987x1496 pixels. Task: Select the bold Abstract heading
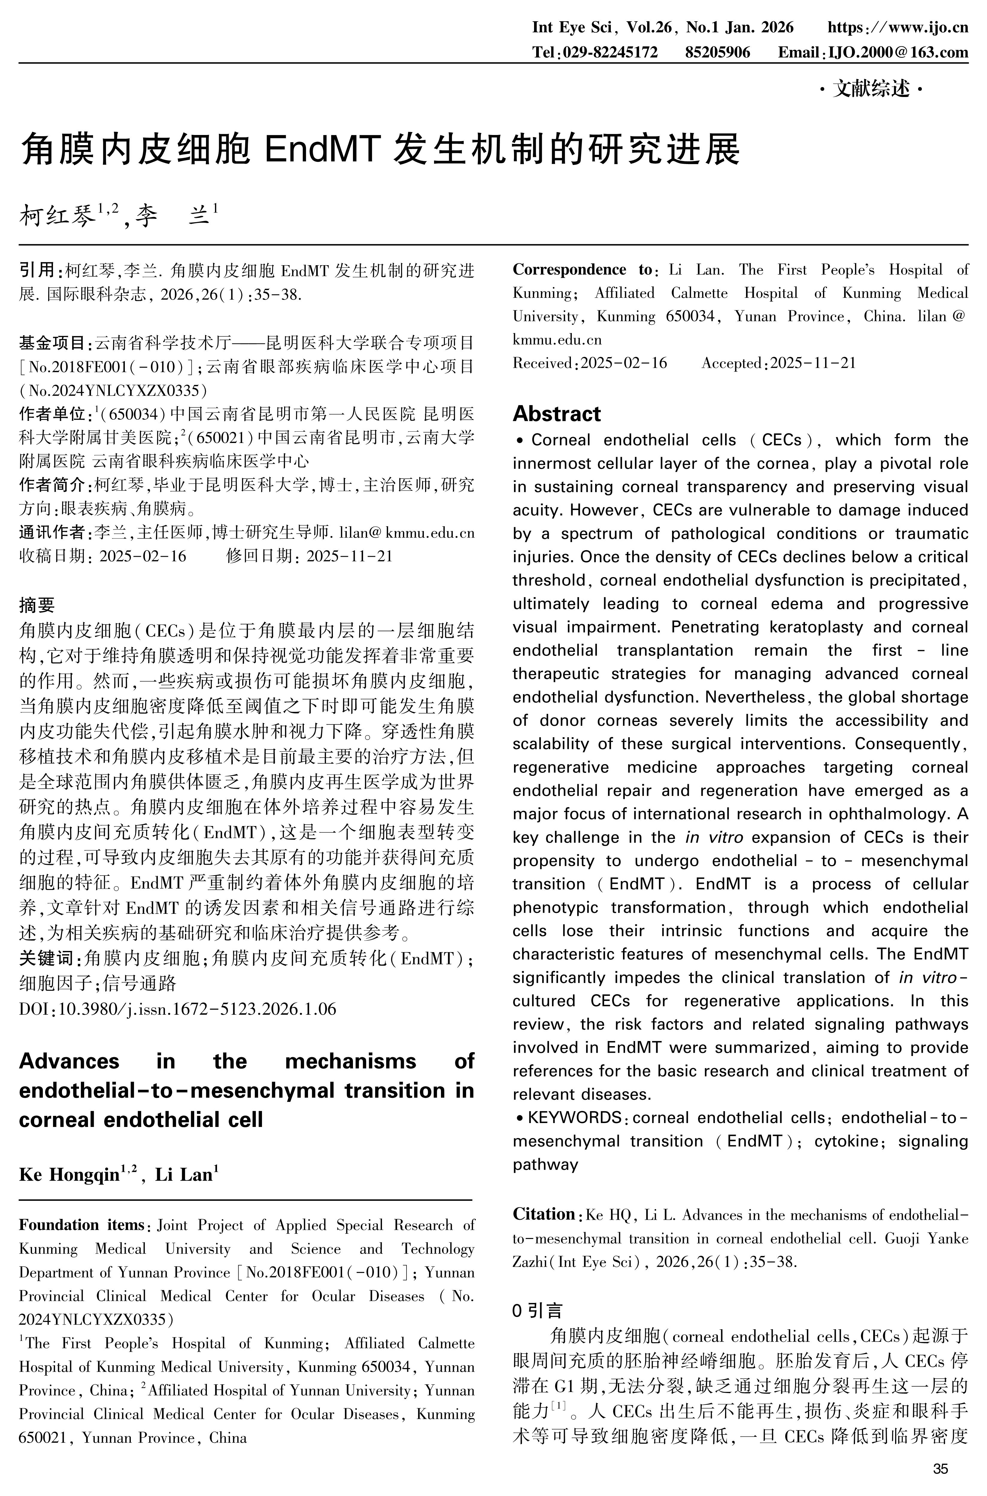point(557,413)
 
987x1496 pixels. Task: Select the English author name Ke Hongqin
point(69,1175)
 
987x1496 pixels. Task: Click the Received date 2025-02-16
point(623,363)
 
